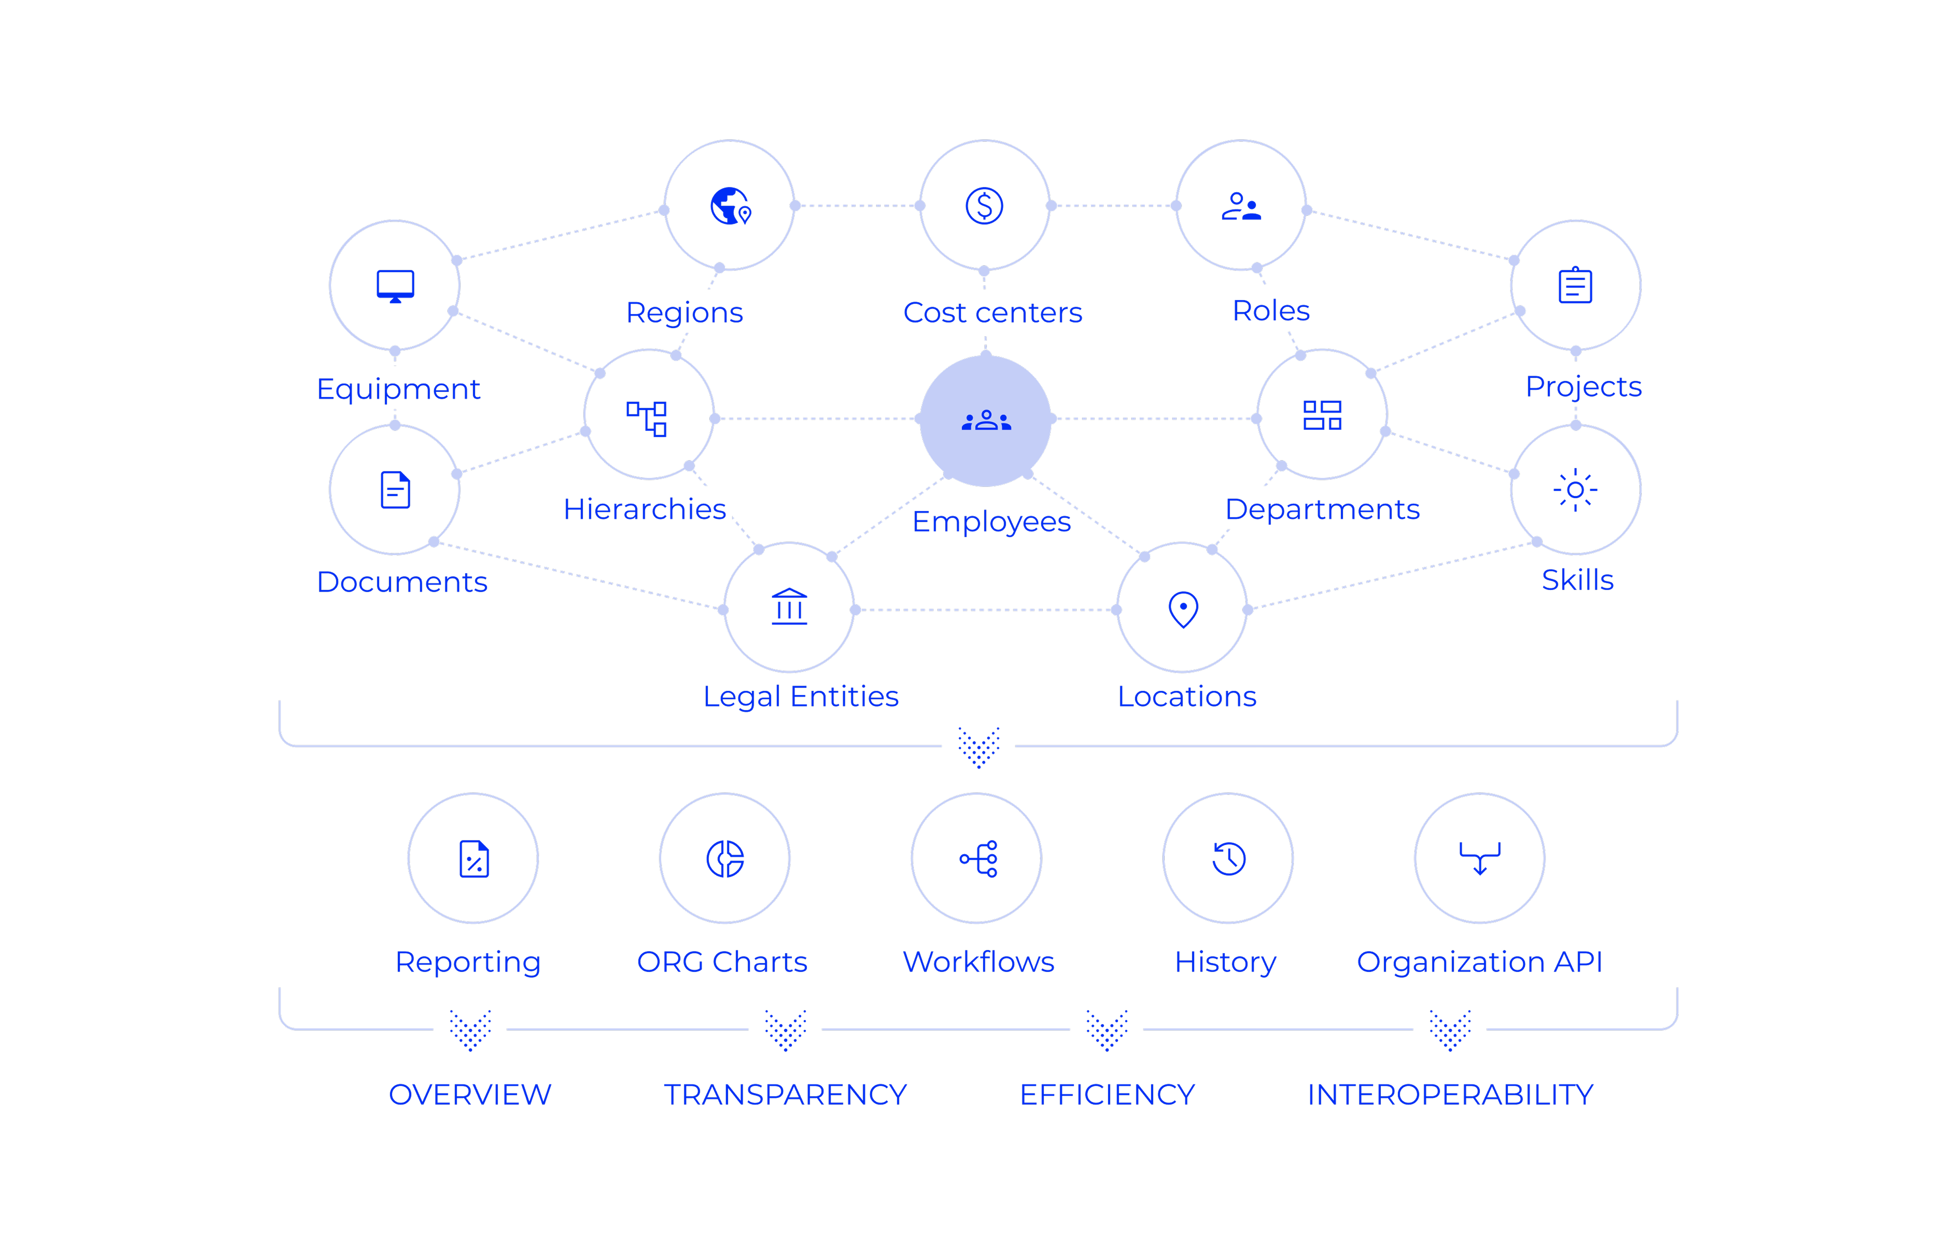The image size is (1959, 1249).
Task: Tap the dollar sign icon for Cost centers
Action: point(984,206)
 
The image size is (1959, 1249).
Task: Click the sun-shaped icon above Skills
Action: point(1575,490)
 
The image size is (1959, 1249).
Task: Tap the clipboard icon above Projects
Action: point(1575,285)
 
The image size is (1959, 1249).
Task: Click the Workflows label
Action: point(978,962)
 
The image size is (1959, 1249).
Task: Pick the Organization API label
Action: point(1479,962)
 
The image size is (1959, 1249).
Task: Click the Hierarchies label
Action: point(644,509)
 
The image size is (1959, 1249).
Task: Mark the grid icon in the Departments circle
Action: point(1322,416)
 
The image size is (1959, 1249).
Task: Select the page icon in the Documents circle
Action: point(395,490)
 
